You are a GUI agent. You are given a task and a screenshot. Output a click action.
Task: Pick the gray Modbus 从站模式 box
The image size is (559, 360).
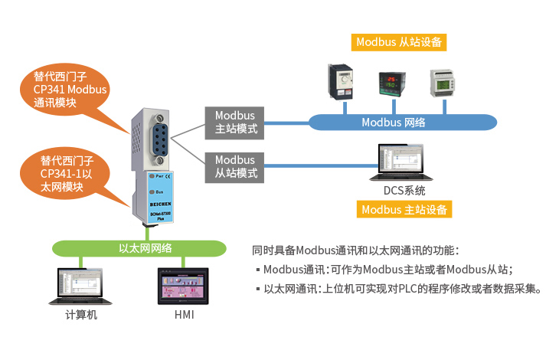point(234,167)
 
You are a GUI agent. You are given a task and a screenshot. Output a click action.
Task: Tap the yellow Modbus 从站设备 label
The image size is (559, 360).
point(400,42)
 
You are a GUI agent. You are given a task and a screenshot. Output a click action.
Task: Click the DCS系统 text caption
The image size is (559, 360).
point(404,191)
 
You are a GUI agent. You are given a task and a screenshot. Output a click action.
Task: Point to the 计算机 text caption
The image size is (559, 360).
point(80,315)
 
